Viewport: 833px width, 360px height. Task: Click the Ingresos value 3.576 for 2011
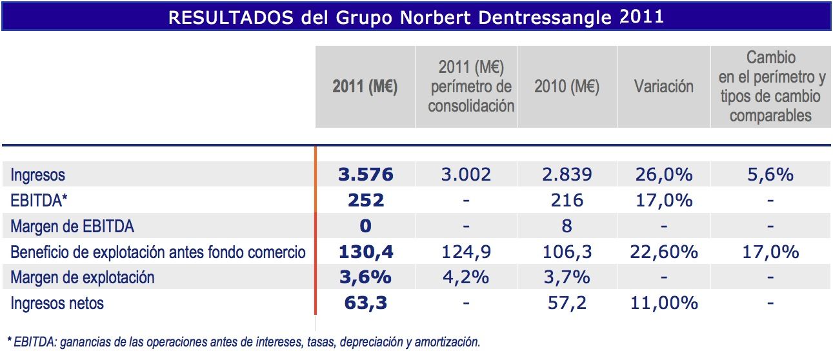point(365,174)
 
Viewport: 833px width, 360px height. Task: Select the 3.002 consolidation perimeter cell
point(466,174)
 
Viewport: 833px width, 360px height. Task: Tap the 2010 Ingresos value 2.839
point(567,174)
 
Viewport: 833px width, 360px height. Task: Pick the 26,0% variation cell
point(663,174)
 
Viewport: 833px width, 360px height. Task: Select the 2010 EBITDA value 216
point(567,200)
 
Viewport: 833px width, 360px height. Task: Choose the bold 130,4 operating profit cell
point(365,252)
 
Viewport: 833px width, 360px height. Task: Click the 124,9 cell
point(466,252)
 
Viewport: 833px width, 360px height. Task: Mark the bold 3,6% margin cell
point(365,277)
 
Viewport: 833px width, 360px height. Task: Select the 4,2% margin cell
point(466,277)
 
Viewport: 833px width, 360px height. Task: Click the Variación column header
point(663,86)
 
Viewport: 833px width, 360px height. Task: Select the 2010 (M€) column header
point(567,86)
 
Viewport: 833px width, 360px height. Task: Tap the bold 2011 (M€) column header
point(365,86)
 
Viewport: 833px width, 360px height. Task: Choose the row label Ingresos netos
point(57,303)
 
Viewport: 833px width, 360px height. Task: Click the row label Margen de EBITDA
point(72,226)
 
